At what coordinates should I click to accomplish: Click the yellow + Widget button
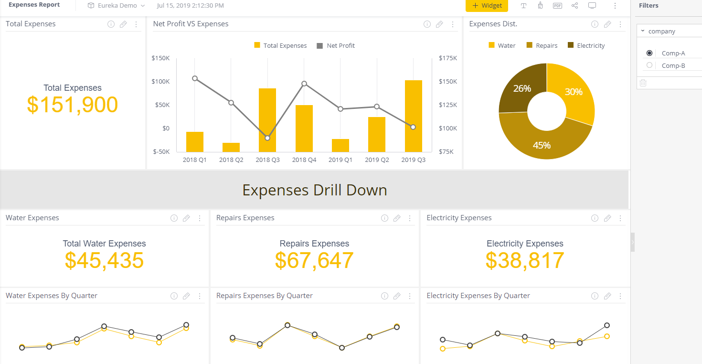(x=487, y=6)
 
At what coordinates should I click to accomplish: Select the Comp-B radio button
(x=649, y=65)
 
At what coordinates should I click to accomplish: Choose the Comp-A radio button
(x=649, y=53)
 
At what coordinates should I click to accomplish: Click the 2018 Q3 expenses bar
(x=267, y=120)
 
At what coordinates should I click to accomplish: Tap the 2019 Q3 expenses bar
(x=414, y=116)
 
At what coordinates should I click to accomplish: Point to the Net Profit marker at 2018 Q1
(x=195, y=78)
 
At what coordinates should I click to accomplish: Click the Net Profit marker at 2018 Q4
(x=304, y=84)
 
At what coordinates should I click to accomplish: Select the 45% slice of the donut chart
(x=542, y=143)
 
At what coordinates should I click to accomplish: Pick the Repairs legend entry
(x=542, y=45)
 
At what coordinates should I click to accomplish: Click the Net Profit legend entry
(x=336, y=46)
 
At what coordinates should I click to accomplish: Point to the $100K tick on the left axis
(x=160, y=82)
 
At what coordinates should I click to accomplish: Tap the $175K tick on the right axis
(x=448, y=58)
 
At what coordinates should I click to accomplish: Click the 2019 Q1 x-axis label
(x=340, y=160)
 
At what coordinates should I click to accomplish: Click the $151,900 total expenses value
(x=73, y=105)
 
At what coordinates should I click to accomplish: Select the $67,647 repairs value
(x=314, y=260)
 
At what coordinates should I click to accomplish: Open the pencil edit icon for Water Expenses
(x=186, y=218)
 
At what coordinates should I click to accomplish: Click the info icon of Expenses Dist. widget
(x=595, y=24)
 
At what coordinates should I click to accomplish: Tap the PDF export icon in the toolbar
(x=557, y=6)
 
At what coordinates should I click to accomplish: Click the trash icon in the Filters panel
(x=643, y=83)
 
